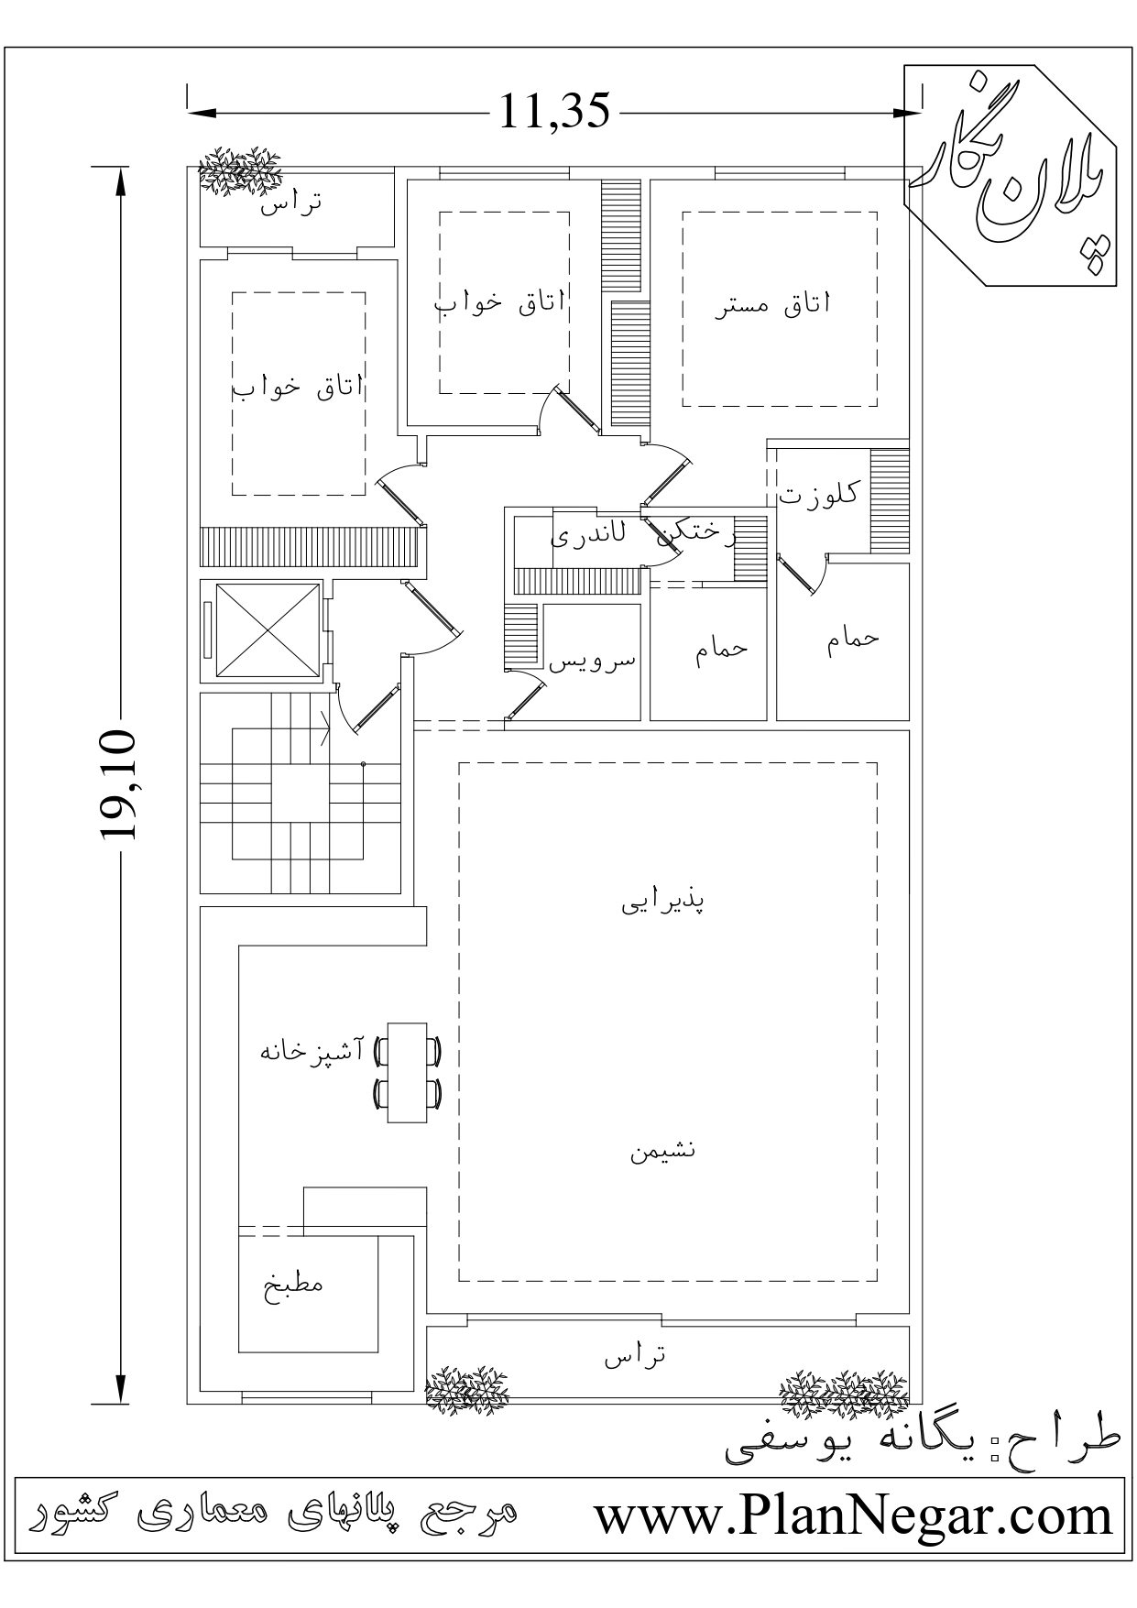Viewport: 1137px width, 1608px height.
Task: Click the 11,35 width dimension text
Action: [554, 111]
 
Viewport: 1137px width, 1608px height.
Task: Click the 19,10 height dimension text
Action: [118, 785]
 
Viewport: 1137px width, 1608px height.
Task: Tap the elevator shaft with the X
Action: [262, 630]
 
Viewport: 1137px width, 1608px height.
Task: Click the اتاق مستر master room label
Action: [772, 305]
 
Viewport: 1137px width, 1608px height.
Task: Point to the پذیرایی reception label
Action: [663, 902]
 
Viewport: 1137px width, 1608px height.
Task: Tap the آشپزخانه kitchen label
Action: [312, 1050]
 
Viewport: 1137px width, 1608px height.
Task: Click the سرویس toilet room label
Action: [592, 662]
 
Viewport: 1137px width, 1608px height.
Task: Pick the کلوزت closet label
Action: [818, 493]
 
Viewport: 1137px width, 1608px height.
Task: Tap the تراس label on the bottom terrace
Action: [634, 1356]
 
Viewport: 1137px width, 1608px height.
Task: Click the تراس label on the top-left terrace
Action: [290, 203]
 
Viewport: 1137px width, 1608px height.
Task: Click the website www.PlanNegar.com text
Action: [853, 1516]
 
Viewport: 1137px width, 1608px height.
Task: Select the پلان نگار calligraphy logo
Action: [1012, 174]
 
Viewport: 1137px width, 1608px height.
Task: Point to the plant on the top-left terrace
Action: [239, 170]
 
